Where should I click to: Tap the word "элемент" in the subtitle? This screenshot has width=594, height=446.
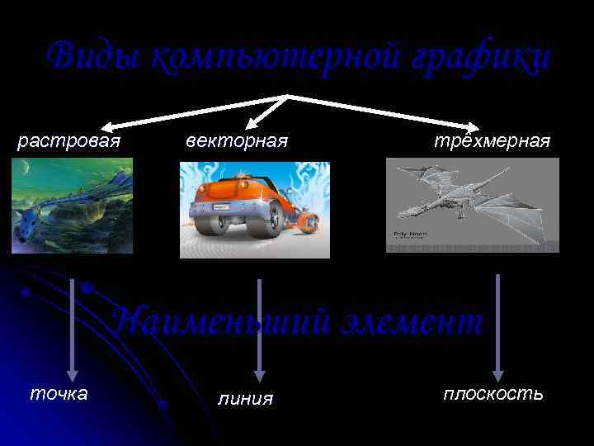417,321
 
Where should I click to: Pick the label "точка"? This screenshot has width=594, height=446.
59,392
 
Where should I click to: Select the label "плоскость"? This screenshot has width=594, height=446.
493,392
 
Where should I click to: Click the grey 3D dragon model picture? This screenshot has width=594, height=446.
472,205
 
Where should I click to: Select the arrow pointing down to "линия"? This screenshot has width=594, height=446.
260,330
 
